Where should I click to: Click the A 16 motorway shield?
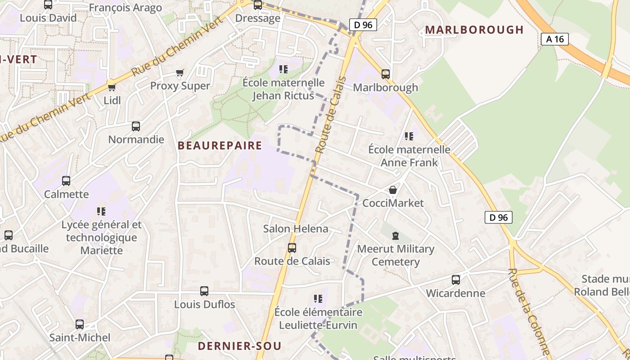point(555,39)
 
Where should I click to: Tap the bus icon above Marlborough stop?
point(386,74)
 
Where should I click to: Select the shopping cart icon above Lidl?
point(112,87)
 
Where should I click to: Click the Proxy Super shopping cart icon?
point(180,72)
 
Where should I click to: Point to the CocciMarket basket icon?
point(393,190)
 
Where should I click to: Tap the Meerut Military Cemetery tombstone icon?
point(396,235)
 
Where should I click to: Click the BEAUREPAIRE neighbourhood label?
point(220,145)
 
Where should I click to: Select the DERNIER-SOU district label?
point(240,346)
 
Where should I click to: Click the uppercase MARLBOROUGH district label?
point(474,30)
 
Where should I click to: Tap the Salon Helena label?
point(296,229)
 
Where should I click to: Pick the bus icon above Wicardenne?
point(456,280)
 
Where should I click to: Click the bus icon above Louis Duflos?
point(204,291)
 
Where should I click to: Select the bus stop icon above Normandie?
point(136,126)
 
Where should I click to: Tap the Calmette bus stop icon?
point(66,181)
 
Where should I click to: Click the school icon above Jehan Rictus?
point(283,69)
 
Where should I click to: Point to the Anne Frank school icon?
point(409,136)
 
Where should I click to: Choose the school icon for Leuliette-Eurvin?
point(318,298)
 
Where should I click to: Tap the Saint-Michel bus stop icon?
point(80,324)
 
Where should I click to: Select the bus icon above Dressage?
point(258,5)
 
